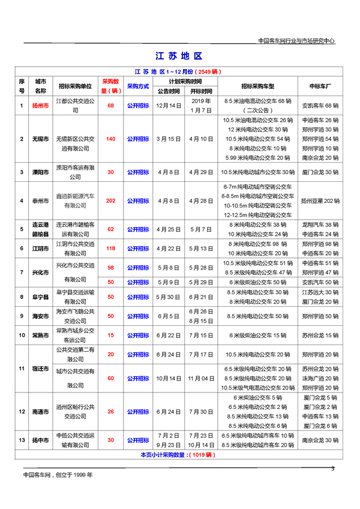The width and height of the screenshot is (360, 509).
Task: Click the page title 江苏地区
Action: pos(179,56)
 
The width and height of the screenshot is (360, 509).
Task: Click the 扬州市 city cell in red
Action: pos(41,105)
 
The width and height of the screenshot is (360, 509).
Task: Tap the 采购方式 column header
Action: pos(138,86)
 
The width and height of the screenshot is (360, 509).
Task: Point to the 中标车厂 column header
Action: pos(321,86)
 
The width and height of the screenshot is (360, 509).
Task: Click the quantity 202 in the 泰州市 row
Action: pos(110,200)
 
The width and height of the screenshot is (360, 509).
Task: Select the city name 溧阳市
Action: pos(41,172)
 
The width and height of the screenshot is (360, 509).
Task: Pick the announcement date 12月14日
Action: pos(169,105)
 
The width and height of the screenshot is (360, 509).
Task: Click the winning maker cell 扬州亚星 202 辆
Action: pos(321,200)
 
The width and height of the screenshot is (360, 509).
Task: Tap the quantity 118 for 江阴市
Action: pos(110,248)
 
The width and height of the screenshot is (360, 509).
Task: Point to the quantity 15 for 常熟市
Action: pos(110,335)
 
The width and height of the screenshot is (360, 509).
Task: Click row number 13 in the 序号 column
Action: pos(22,440)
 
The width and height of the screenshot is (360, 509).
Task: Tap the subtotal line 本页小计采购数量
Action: pos(179,455)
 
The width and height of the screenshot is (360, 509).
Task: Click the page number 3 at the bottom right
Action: pos(333,468)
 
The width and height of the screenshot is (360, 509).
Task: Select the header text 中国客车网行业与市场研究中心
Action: pos(296,41)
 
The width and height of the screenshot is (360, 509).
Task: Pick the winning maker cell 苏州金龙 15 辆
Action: pos(321,335)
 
